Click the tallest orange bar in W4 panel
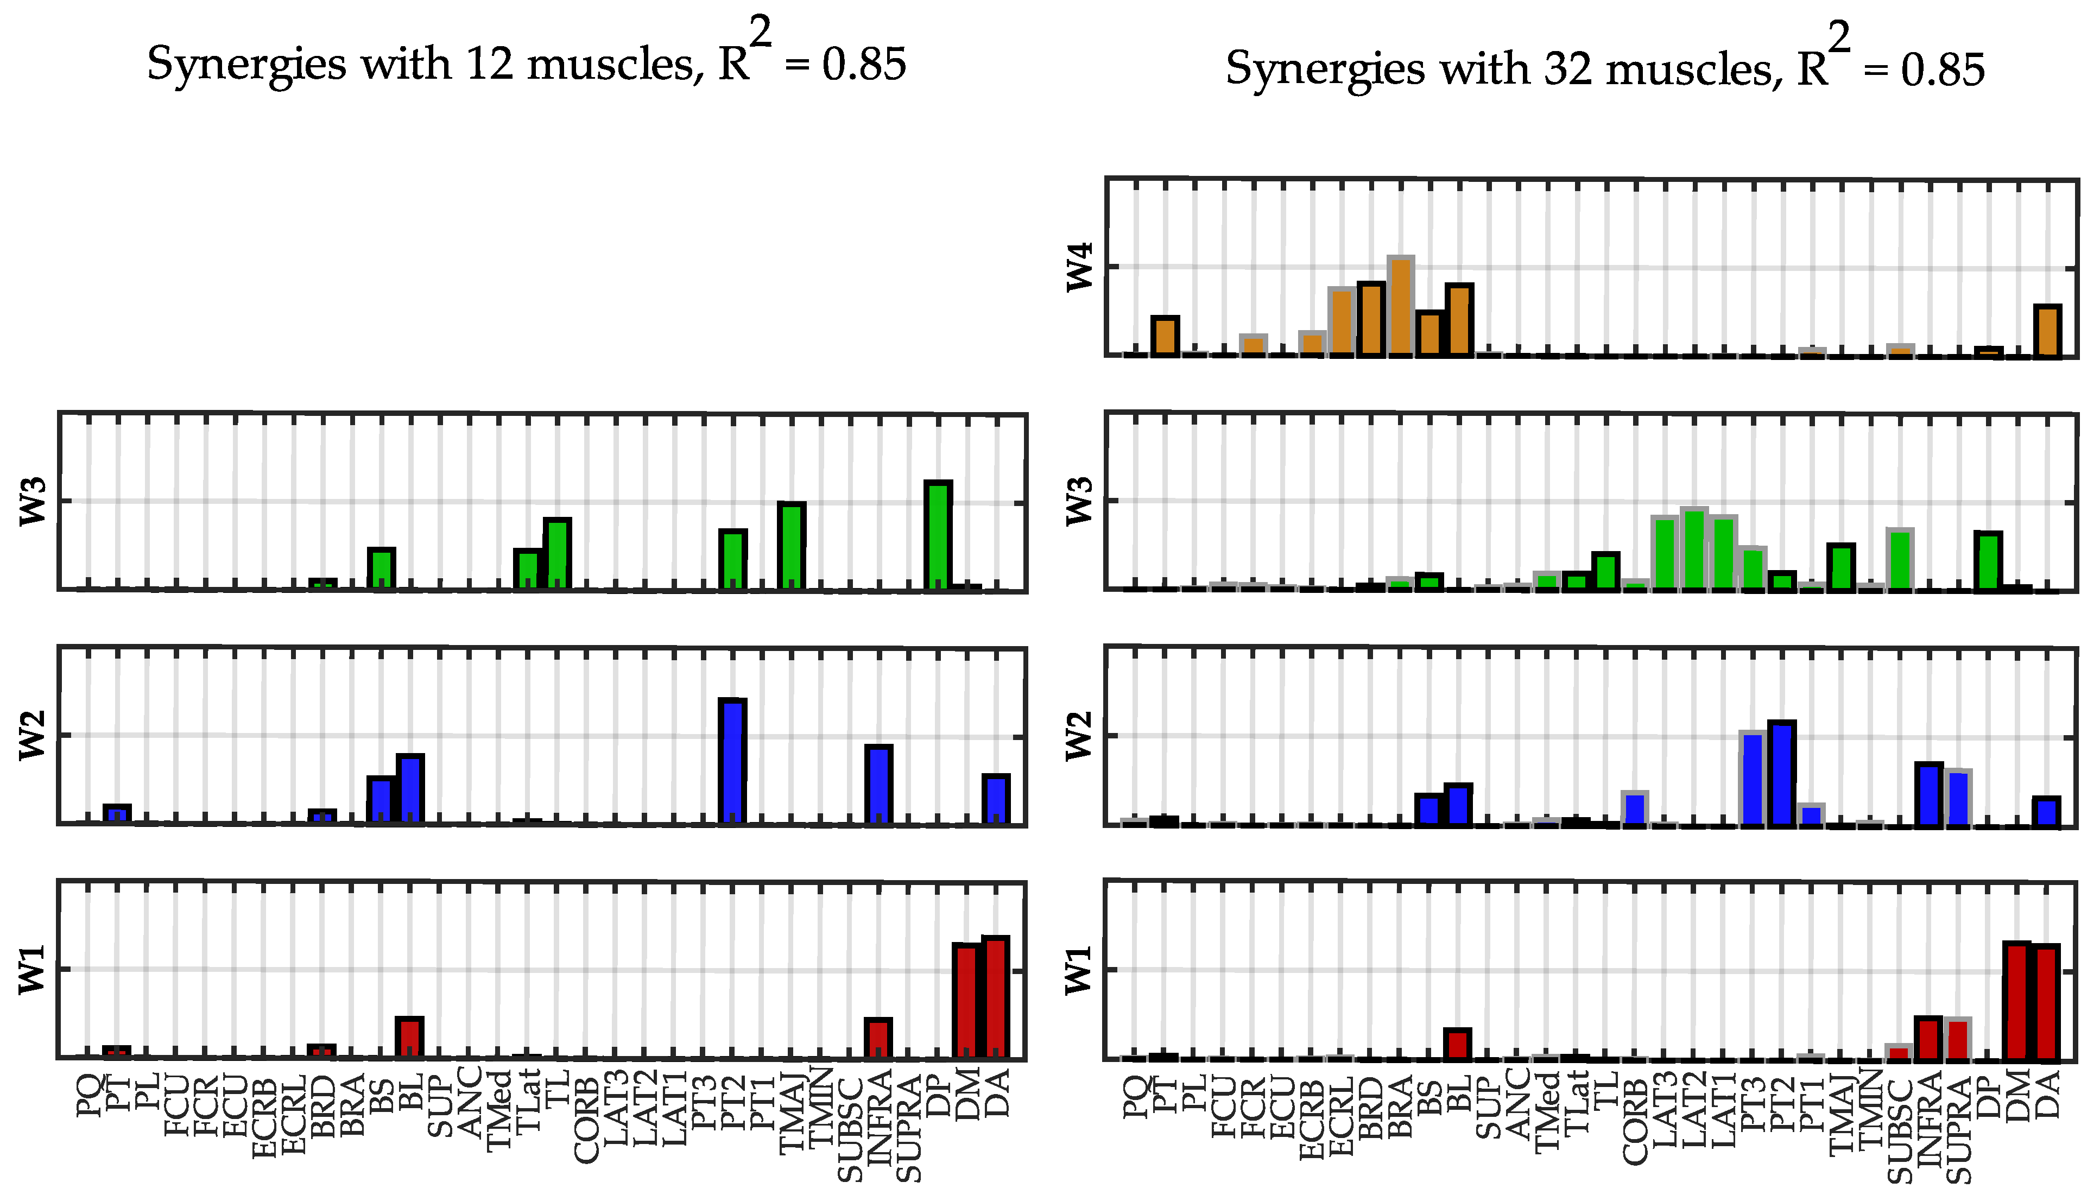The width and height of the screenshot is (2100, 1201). pyautogui.click(x=1401, y=307)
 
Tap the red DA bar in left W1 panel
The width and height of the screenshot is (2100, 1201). pyautogui.click(x=996, y=998)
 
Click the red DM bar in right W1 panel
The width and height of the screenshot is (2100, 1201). pyautogui.click(x=2017, y=1001)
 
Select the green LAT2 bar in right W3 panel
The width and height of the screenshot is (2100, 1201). pyautogui.click(x=1693, y=549)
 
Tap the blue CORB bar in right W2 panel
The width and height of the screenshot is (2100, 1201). pyautogui.click(x=1635, y=808)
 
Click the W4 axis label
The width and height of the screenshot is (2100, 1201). pyautogui.click(x=1079, y=267)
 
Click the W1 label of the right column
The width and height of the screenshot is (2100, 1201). pyautogui.click(x=1079, y=970)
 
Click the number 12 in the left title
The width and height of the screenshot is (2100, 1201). pyautogui.click(x=490, y=64)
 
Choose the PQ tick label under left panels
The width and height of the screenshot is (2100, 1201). pyautogui.click(x=89, y=1096)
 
